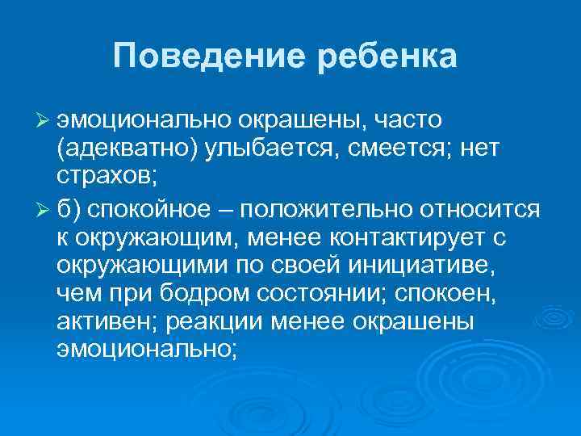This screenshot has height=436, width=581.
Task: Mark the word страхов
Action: click(x=98, y=176)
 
